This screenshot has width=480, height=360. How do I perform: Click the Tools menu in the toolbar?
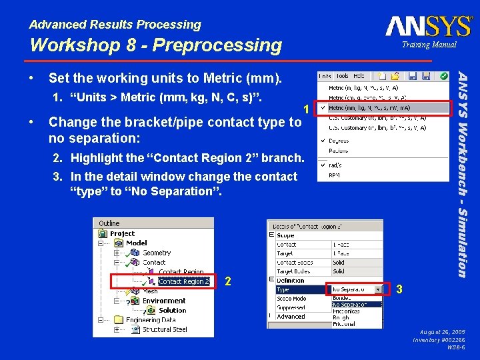342,76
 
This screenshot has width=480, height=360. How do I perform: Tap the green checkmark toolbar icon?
443,76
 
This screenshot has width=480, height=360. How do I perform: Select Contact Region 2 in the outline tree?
183,281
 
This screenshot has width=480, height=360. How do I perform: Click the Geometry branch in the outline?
157,253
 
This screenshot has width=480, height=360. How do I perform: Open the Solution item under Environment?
172,310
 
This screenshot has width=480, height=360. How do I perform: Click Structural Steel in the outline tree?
165,329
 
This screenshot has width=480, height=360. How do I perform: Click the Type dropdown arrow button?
379,289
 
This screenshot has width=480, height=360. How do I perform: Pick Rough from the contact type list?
341,317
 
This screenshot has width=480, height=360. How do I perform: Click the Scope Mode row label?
291,299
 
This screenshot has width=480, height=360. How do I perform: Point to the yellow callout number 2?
228,281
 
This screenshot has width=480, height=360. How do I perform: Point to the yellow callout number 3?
399,289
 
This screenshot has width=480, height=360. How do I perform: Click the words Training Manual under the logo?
429,45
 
